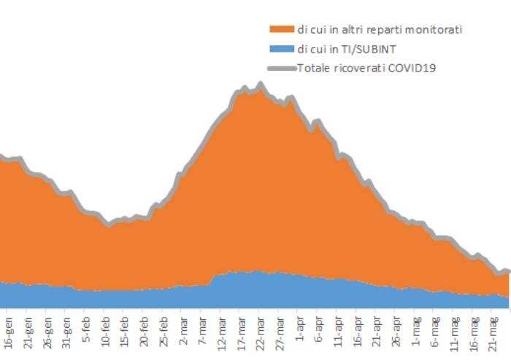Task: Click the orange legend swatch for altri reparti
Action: tap(282, 29)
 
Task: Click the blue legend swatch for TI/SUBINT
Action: tap(282, 49)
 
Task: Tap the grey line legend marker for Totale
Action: tap(282, 68)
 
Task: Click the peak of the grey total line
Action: tap(261, 85)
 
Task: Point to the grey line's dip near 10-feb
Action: tap(107, 224)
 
